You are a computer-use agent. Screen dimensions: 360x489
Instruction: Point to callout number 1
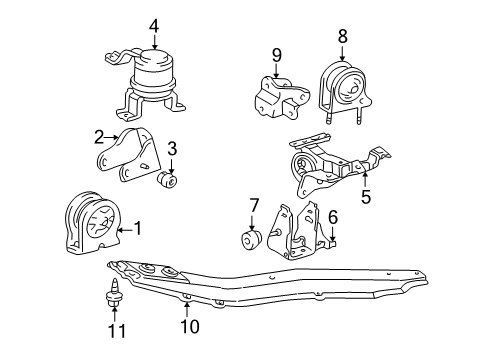tap(138, 229)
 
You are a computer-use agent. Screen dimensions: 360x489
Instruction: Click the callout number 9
tap(277, 55)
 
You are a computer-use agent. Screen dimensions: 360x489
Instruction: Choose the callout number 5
tap(366, 199)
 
